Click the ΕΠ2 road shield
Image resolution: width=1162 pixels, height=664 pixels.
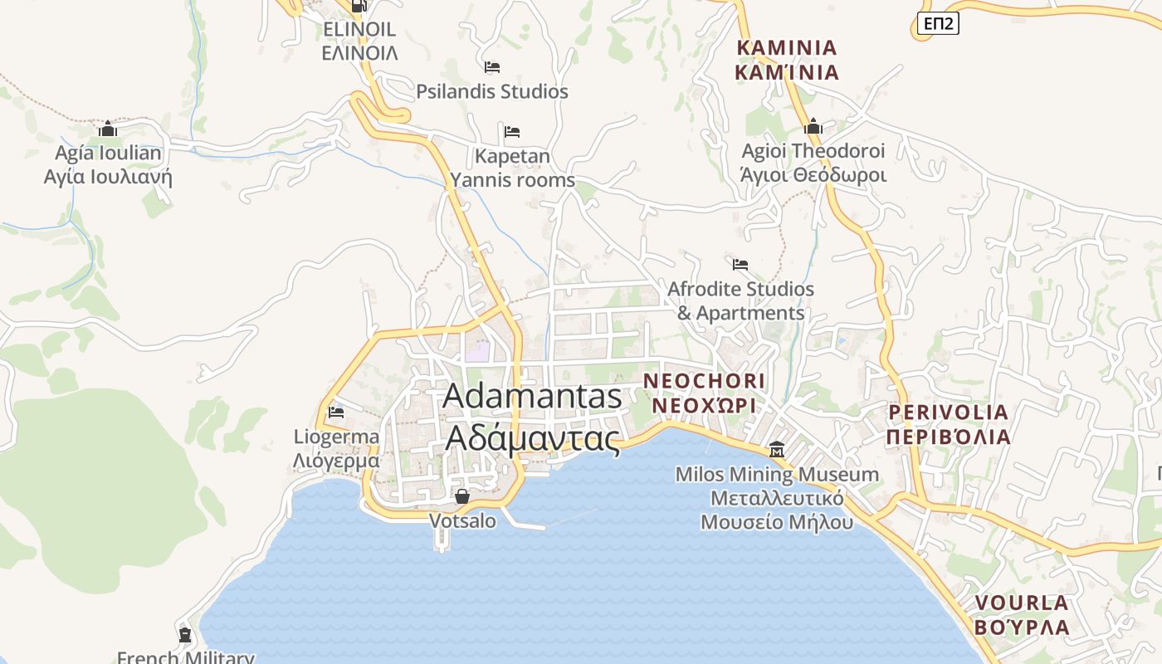938,24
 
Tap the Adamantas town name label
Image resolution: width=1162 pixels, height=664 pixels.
532,397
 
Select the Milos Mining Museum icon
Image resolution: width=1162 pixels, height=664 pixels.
777,450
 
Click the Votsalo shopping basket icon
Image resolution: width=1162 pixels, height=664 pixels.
462,496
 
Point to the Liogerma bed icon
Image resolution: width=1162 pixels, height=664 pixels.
336,411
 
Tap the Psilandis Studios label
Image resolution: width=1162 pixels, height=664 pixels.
492,91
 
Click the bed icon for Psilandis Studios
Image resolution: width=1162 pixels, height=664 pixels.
492,66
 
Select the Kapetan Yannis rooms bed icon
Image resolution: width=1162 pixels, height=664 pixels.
512,131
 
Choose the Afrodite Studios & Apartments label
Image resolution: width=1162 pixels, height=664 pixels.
740,300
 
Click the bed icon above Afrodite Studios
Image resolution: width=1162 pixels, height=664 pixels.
740,265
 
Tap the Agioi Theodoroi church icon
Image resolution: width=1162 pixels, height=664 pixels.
813,127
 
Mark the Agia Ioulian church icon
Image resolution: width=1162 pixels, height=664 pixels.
108,129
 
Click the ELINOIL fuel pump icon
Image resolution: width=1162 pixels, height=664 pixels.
359,6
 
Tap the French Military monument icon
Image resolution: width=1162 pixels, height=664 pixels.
184,635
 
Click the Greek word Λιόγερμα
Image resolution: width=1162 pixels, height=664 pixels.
336,461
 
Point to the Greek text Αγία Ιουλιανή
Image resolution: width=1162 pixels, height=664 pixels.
108,176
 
